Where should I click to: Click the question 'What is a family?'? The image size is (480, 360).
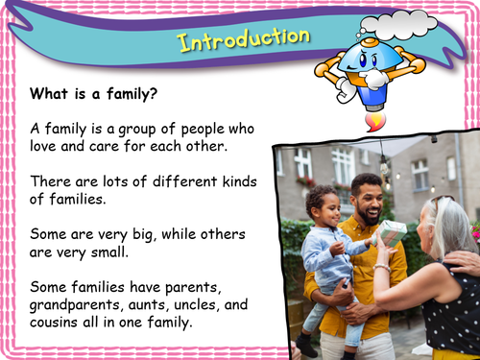92,94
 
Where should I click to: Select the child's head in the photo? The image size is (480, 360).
324,205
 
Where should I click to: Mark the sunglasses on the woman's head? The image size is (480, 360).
441,204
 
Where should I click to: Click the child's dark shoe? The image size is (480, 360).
306,344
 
